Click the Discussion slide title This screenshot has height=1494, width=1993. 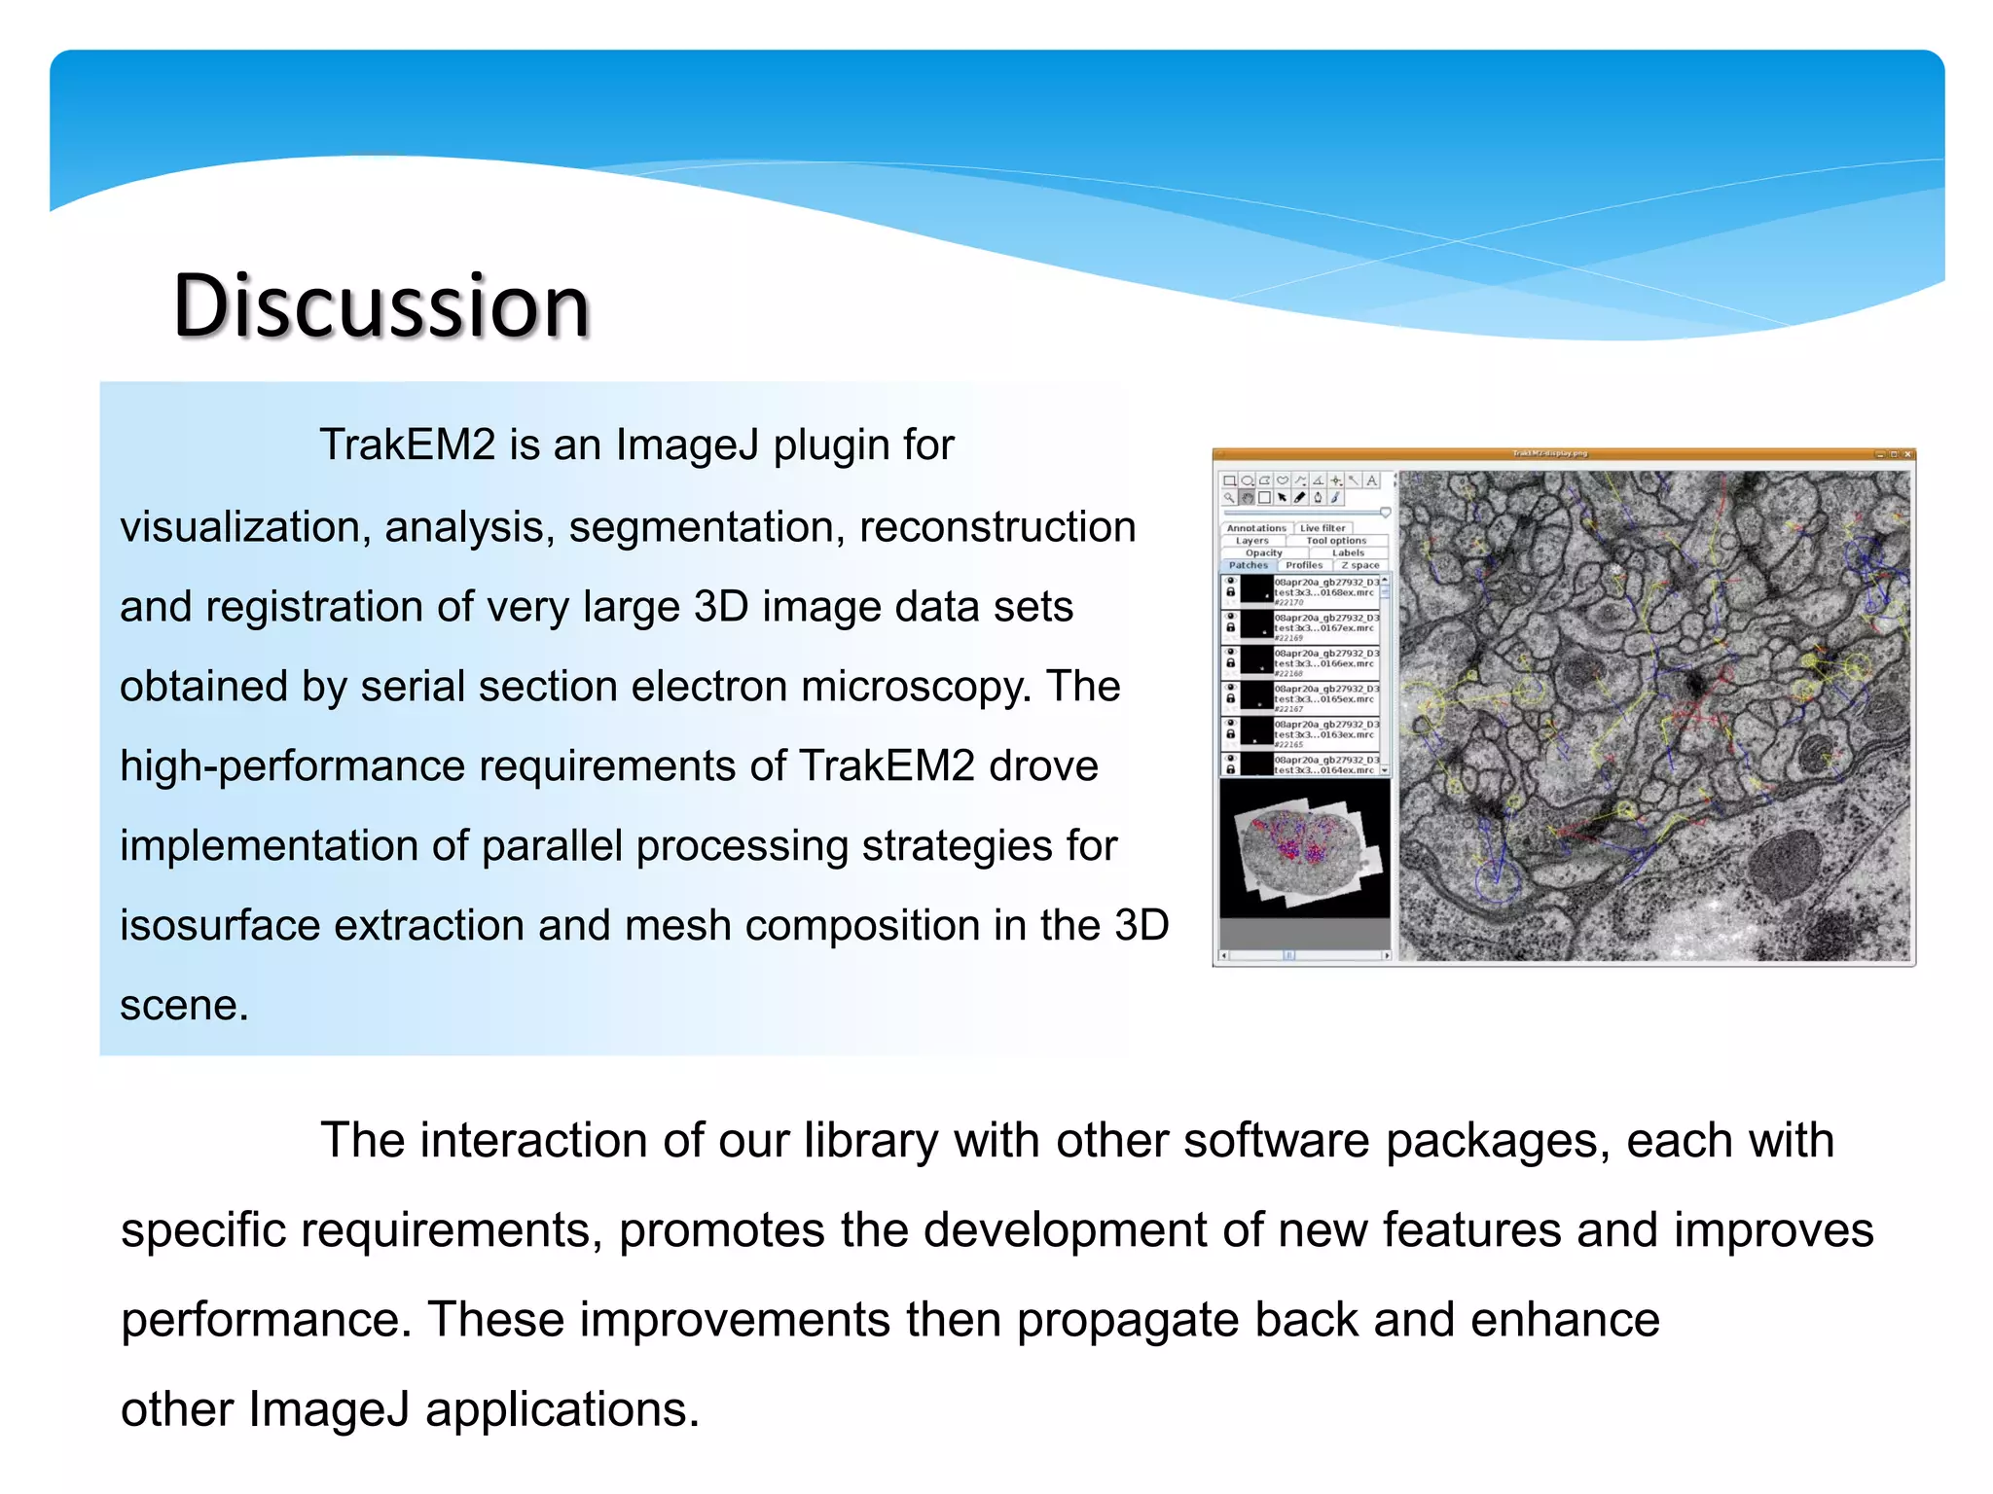(x=381, y=306)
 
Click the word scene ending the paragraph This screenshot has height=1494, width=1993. (x=184, y=1006)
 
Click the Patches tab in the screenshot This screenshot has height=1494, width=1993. (x=1248, y=565)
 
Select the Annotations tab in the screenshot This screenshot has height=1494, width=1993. (x=1255, y=528)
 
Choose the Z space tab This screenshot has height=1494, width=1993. (x=1360, y=565)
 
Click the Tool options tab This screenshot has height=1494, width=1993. (x=1336, y=541)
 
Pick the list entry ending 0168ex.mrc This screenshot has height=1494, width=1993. (x=1324, y=591)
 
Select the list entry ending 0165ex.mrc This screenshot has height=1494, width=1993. (x=1324, y=698)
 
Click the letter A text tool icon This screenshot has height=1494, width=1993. (x=1371, y=480)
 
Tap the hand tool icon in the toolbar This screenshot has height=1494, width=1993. (x=1247, y=498)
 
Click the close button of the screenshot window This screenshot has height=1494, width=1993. (x=1908, y=454)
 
